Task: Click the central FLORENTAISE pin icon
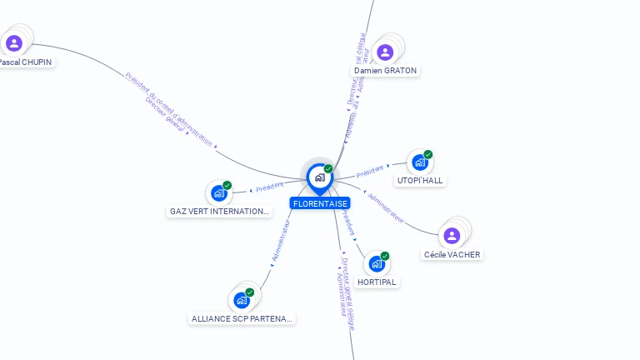[x=319, y=177]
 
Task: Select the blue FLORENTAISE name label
[x=320, y=203]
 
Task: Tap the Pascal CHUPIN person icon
[x=14, y=43]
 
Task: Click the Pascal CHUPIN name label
[x=25, y=62]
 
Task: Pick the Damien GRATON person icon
[x=385, y=52]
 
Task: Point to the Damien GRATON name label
[x=385, y=71]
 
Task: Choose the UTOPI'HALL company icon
[x=420, y=162]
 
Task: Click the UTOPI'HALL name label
[x=421, y=180]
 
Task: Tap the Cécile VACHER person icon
[x=452, y=236]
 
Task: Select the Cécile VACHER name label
[x=452, y=254]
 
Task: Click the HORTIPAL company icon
[x=377, y=264]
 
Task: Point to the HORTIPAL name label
[x=377, y=282]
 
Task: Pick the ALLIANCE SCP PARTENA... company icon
[x=242, y=299]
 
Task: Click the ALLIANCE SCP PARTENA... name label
[x=242, y=318]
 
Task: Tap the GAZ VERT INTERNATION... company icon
[x=219, y=193]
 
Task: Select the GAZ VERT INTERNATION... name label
[x=220, y=212]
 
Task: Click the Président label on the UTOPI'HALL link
[x=371, y=172]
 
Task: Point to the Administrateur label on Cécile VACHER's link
[x=386, y=208]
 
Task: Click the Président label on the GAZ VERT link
[x=270, y=187]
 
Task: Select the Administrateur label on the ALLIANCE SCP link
[x=280, y=242]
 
